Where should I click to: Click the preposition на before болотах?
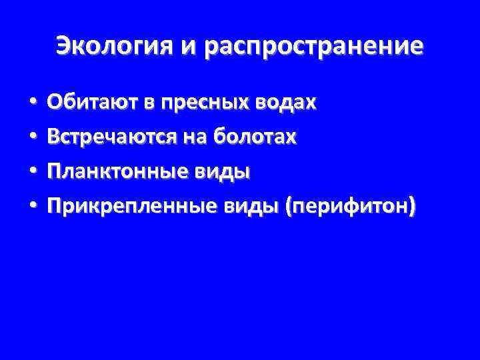(x=189, y=138)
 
